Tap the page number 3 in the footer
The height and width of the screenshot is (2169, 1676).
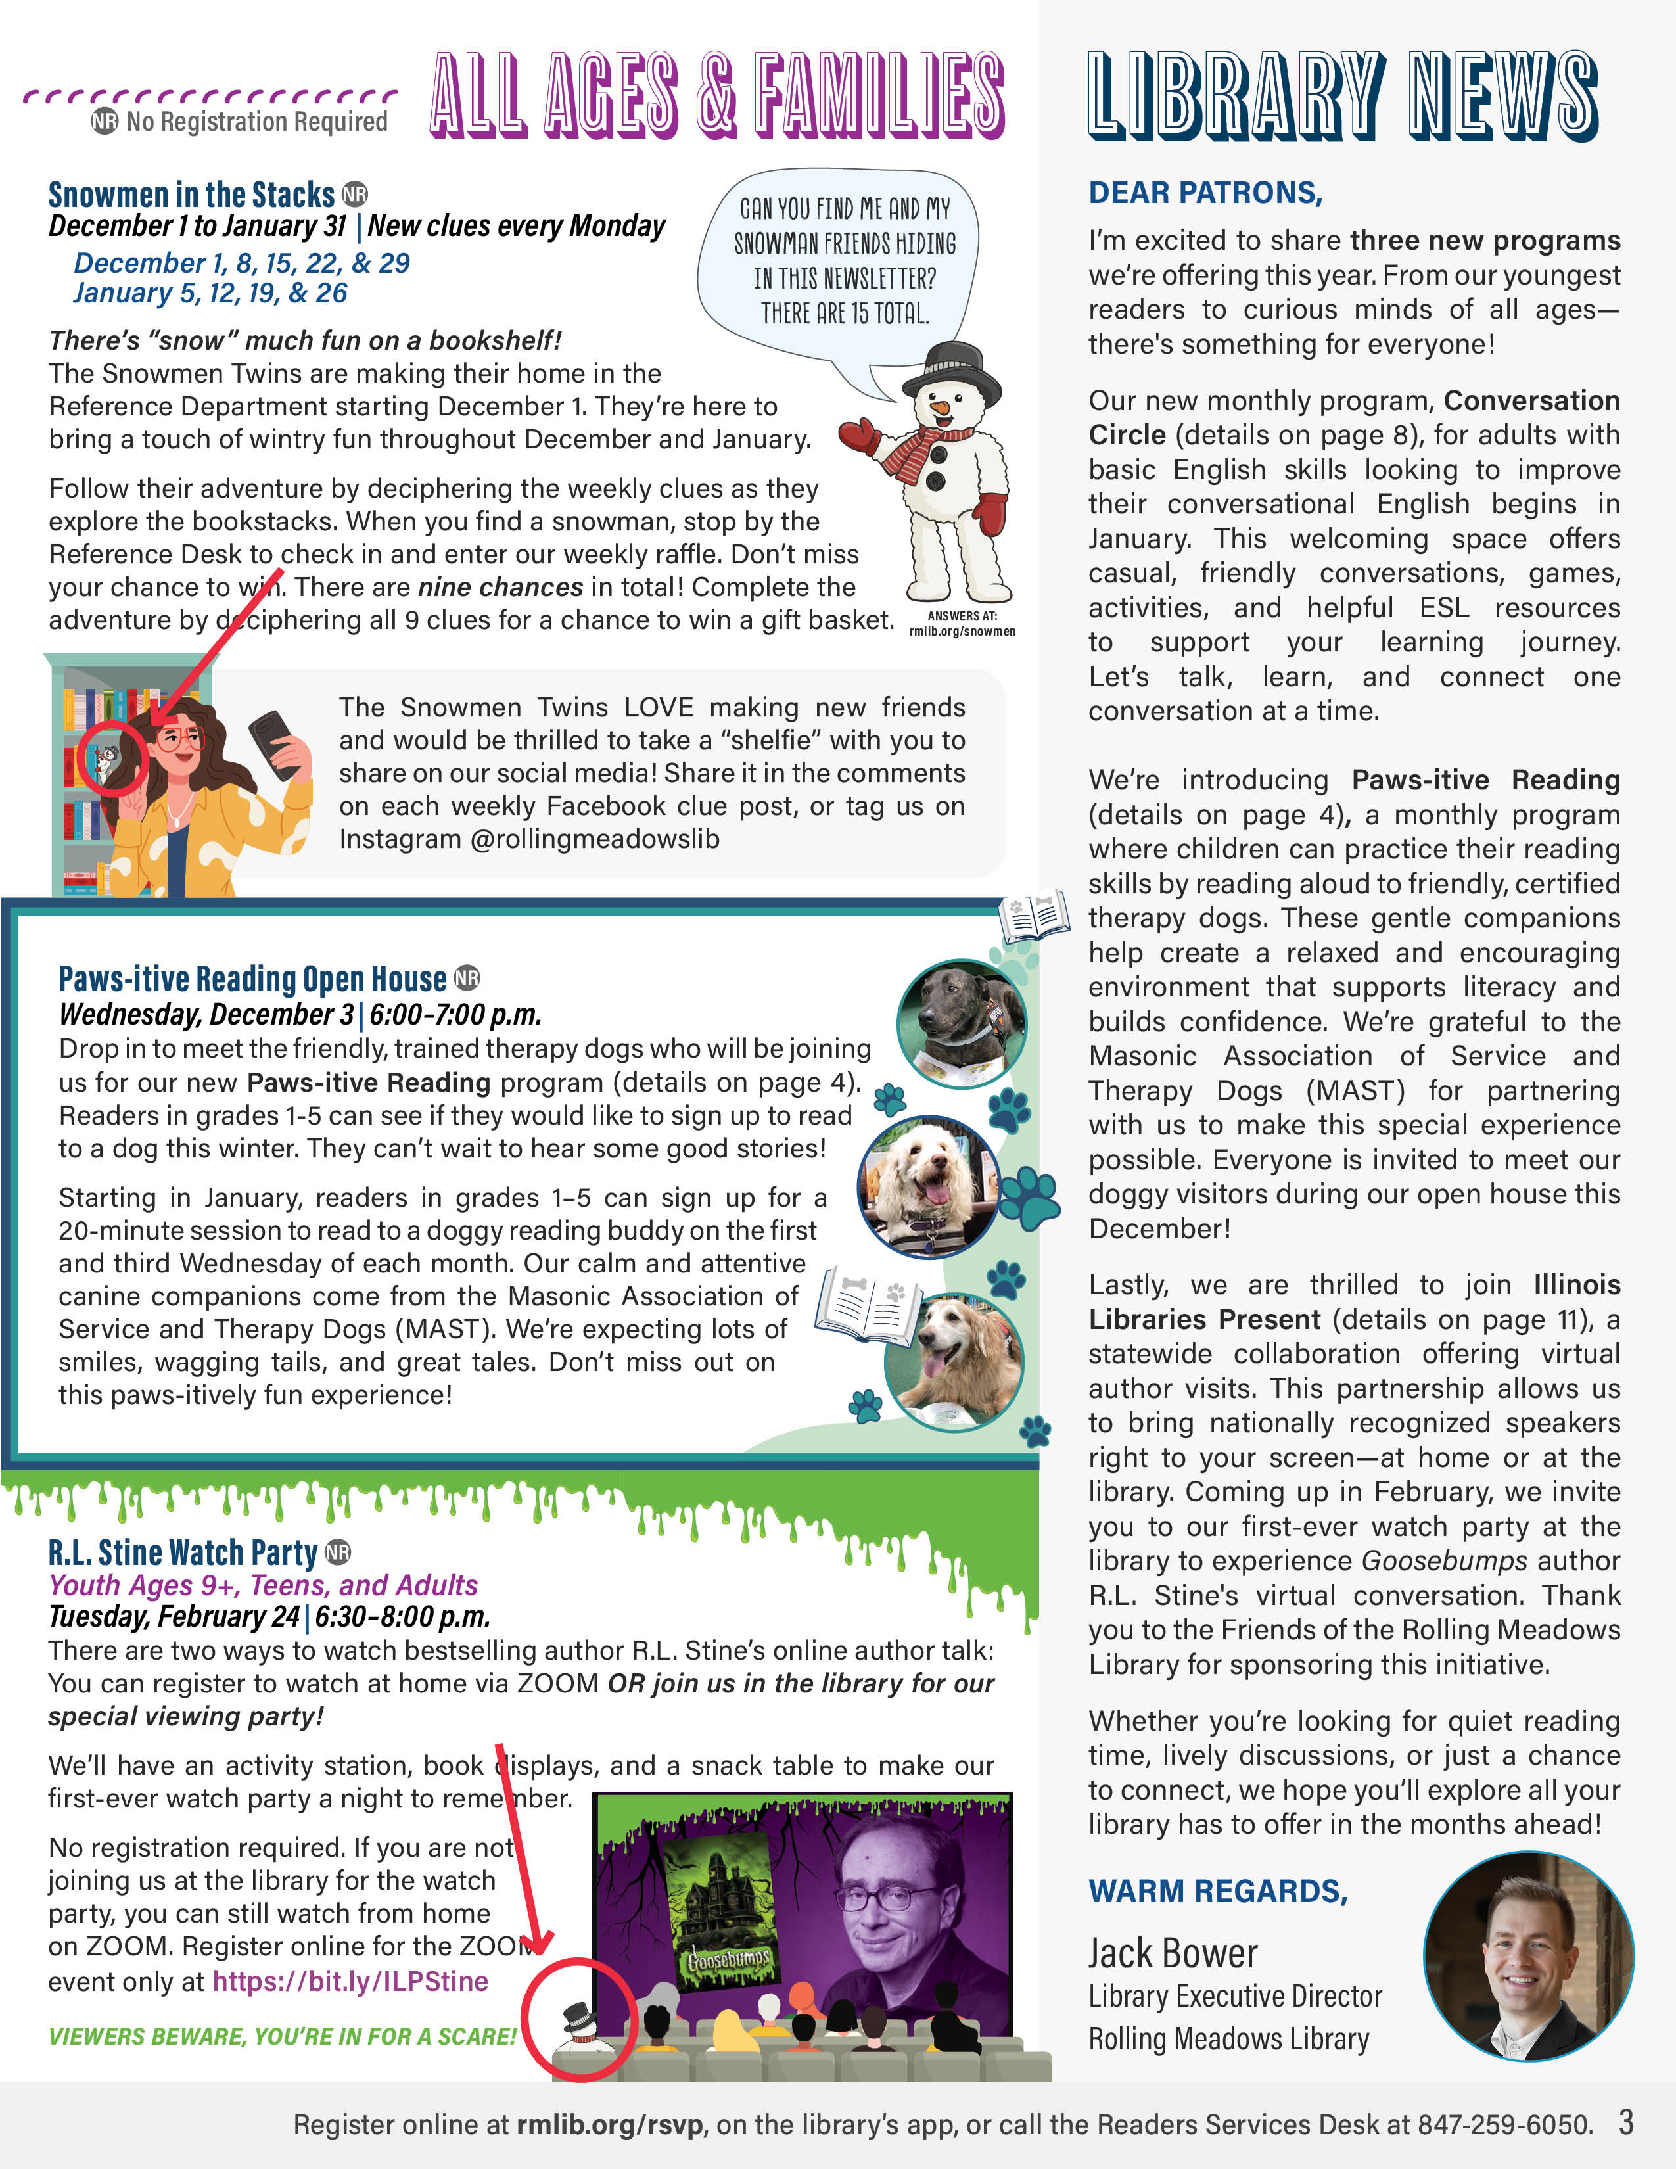pos(1625,2122)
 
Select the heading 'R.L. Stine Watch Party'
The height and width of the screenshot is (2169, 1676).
pos(183,1552)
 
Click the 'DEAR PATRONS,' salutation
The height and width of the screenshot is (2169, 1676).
pos(1205,193)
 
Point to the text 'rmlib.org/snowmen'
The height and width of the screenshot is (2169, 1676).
pos(961,632)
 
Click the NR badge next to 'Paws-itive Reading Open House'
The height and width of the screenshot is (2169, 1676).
pos(467,978)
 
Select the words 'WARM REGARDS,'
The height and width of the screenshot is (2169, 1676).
pos(1217,1891)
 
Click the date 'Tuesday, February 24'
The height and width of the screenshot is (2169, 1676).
pos(174,1617)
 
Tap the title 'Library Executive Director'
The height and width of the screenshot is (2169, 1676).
pos(1234,1996)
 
